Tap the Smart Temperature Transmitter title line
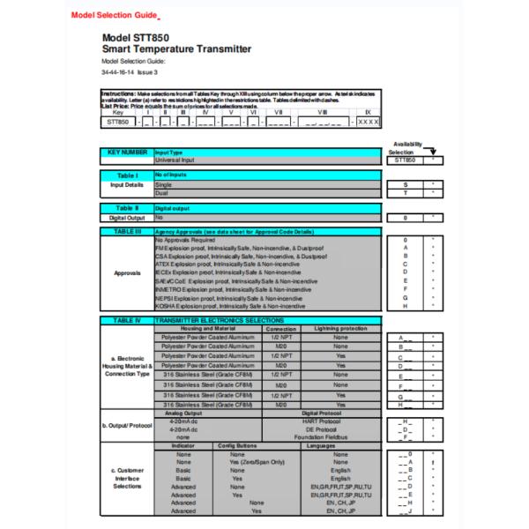[176, 50]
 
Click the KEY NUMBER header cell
[127, 153]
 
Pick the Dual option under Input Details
[163, 194]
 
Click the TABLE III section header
[127, 230]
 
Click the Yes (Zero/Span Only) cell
[257, 461]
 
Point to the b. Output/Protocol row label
[126, 428]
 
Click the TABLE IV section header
[127, 320]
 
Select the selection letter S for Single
[406, 185]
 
